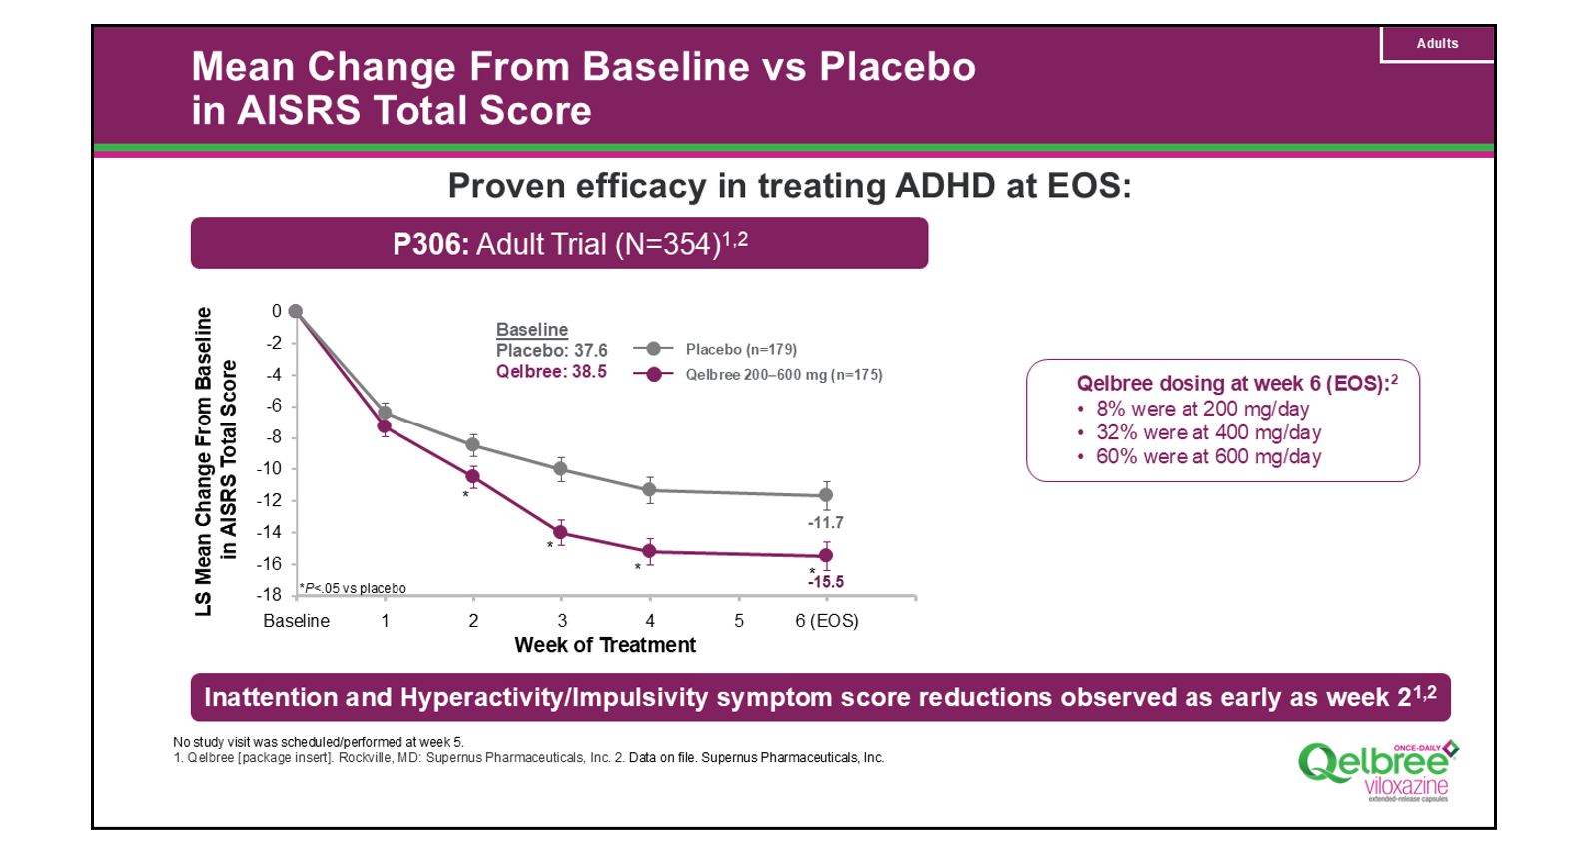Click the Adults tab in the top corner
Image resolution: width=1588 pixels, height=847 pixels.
click(1436, 44)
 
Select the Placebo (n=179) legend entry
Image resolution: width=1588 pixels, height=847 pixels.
click(740, 349)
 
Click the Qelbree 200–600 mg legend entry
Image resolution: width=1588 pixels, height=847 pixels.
click(783, 375)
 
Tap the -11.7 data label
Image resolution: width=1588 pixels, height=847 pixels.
click(826, 522)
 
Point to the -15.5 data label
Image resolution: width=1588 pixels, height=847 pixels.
click(826, 582)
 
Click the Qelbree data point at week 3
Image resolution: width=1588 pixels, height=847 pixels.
click(561, 532)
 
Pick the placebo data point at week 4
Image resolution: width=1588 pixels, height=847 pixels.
click(649, 489)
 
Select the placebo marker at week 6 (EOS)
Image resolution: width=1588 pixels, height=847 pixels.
click(826, 495)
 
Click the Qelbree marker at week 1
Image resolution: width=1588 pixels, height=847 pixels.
click(385, 426)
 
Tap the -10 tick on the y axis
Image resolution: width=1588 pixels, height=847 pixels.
click(270, 468)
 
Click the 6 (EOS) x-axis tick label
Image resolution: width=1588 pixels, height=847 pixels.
click(826, 621)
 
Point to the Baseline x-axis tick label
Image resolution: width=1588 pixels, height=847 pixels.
click(296, 621)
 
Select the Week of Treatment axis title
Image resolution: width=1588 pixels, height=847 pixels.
click(605, 646)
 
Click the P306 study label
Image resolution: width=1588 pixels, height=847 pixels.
click(430, 244)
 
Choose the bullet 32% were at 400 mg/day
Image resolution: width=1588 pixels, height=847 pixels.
click(1208, 433)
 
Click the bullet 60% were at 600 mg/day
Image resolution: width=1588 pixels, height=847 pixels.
click(1208, 457)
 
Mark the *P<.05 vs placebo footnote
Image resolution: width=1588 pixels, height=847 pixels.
click(354, 589)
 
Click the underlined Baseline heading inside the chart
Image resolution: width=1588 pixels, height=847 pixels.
click(532, 330)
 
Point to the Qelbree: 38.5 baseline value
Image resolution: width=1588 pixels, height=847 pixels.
click(551, 372)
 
